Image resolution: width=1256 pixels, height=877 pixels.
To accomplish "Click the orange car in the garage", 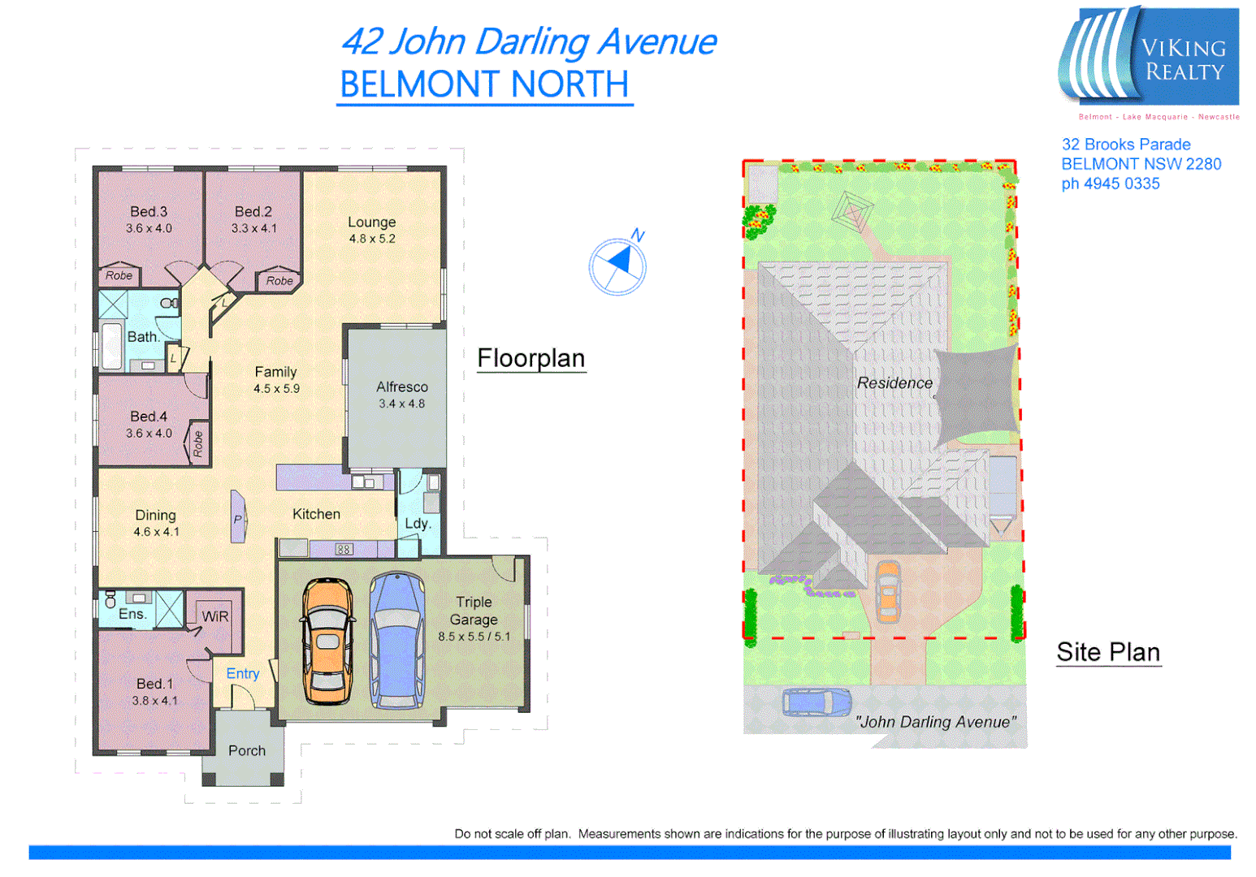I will pyautogui.click(x=327, y=641).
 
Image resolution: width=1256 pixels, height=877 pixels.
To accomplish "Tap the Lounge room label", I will pyautogui.click(x=371, y=222).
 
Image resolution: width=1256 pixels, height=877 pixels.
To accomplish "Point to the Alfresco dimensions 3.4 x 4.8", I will pyautogui.click(x=401, y=404).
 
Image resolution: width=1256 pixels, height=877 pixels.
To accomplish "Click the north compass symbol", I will pyautogui.click(x=617, y=265).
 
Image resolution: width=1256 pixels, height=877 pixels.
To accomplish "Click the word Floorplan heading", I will pyautogui.click(x=531, y=358).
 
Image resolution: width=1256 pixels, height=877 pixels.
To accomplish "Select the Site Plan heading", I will pyautogui.click(x=1107, y=652).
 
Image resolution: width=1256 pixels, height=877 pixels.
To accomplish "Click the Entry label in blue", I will pyautogui.click(x=242, y=673).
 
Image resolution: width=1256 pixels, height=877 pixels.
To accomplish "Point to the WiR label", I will pyautogui.click(x=214, y=616).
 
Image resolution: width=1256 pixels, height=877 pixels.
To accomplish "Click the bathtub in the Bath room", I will pyautogui.click(x=111, y=346).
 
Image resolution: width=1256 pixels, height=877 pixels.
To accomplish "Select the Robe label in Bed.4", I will pyautogui.click(x=197, y=443).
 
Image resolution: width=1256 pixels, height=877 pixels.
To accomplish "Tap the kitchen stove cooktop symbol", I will pyautogui.click(x=344, y=550).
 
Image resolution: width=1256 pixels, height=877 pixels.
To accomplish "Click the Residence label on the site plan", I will pyautogui.click(x=894, y=382).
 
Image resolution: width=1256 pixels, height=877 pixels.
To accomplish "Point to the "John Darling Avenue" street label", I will pyautogui.click(x=935, y=721).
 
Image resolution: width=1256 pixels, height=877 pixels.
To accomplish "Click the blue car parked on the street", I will pyautogui.click(x=816, y=702).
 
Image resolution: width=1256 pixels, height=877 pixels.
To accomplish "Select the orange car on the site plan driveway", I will pyautogui.click(x=888, y=590).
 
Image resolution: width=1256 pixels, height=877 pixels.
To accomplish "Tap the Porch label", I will pyautogui.click(x=246, y=750).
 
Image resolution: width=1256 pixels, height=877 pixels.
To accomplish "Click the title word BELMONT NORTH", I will pyautogui.click(x=484, y=84).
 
